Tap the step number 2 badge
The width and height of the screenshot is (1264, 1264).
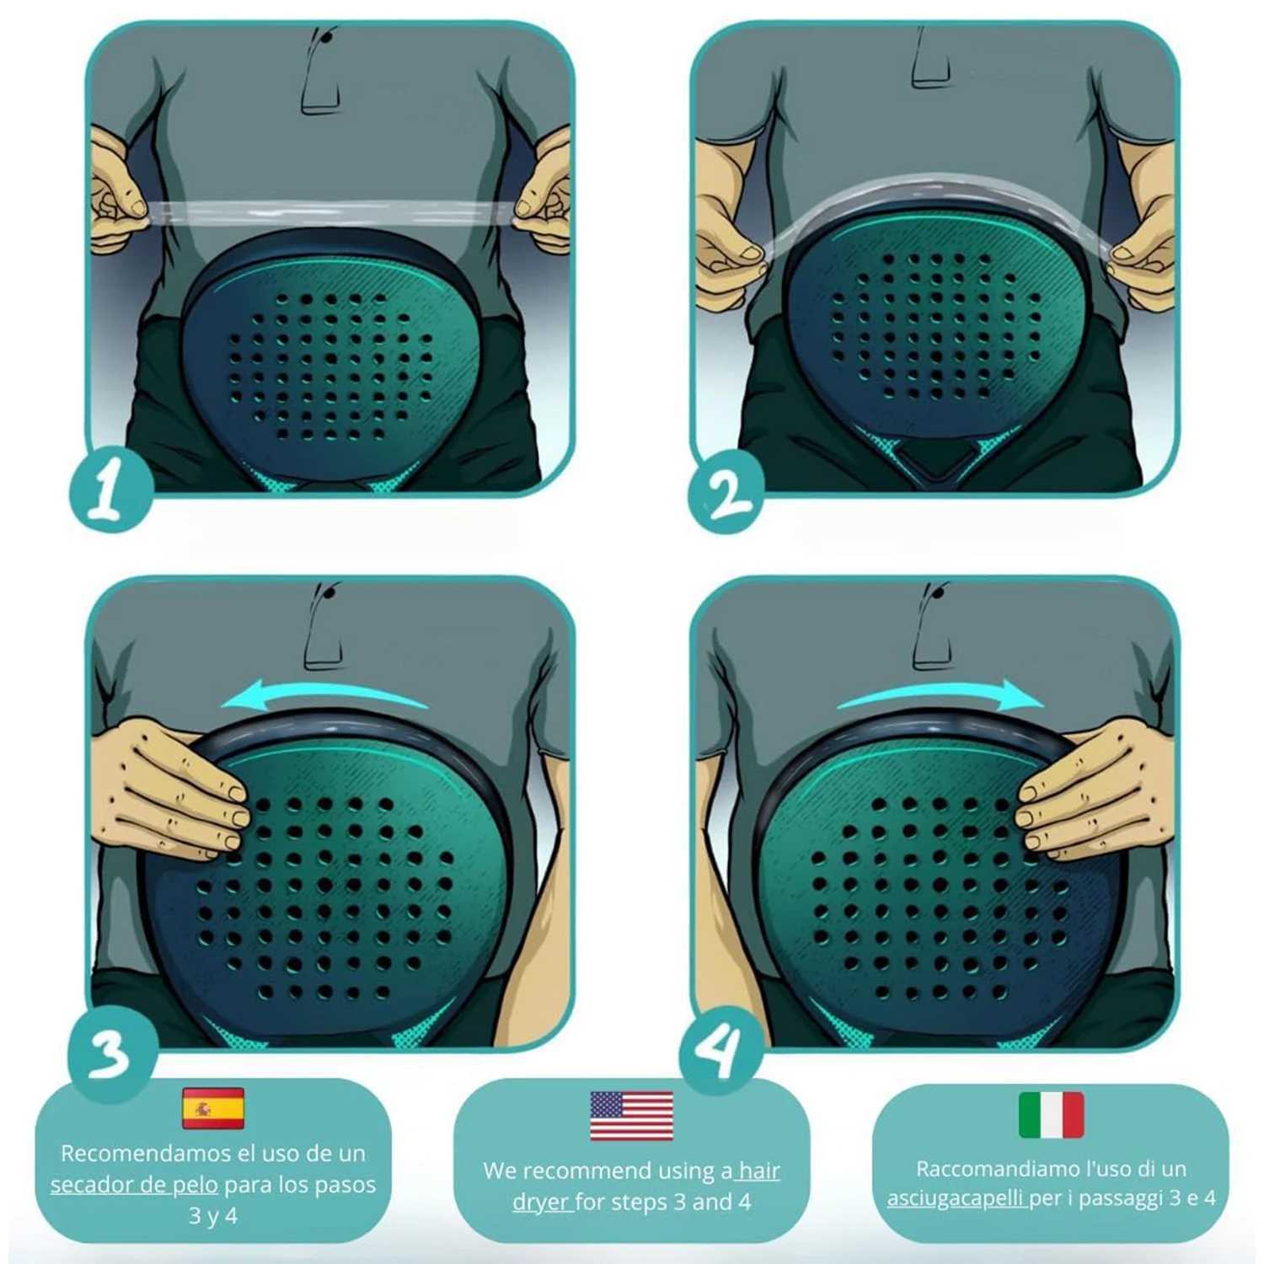click(726, 492)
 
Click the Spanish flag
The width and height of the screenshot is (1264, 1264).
click(213, 1107)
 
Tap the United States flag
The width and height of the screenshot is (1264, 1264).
click(631, 1116)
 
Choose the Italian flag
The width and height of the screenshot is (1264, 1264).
click(1051, 1114)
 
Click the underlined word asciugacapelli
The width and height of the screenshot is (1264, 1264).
click(955, 1198)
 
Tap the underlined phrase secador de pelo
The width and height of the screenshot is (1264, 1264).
click(133, 1185)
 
